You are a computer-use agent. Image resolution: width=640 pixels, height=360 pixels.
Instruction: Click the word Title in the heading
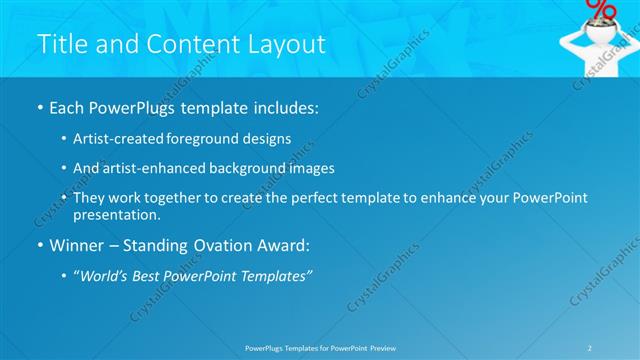tap(62, 44)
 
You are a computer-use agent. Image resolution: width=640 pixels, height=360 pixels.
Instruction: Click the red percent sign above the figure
tap(601, 9)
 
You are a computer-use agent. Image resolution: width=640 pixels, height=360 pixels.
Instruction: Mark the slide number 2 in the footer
tap(590, 347)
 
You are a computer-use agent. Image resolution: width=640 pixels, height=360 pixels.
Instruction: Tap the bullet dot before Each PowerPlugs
tap(39, 107)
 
